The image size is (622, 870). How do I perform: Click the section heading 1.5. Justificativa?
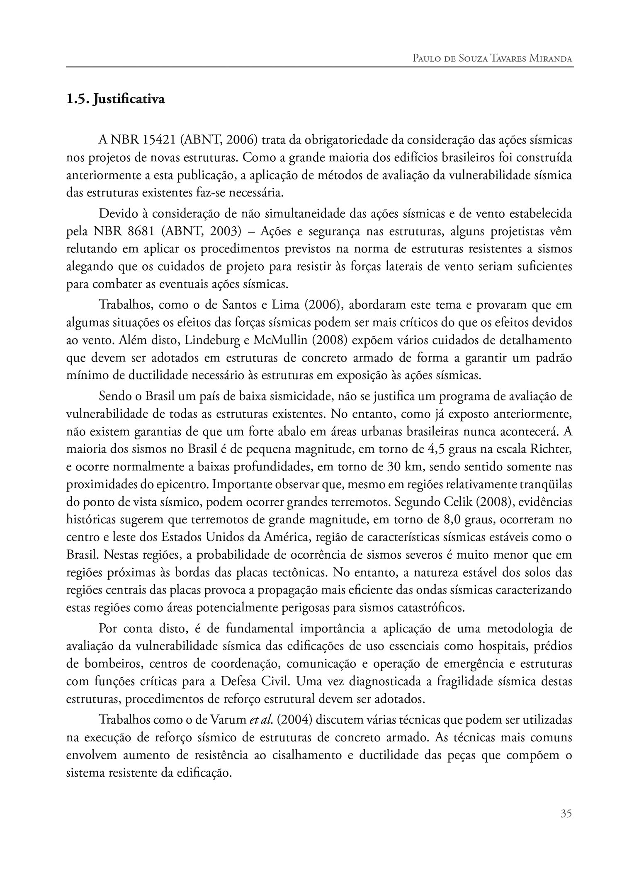[116, 100]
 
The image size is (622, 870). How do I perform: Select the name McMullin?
[276, 340]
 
